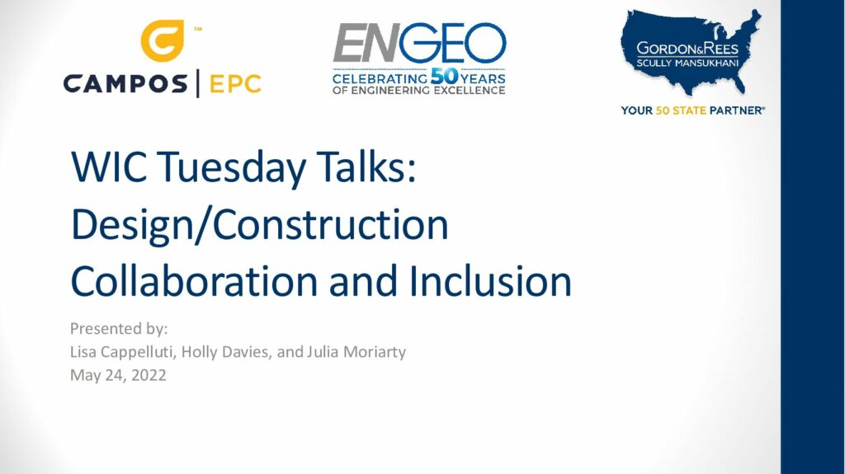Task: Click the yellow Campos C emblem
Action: coord(163,40)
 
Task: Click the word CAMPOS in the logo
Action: coord(125,84)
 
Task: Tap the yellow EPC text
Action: coord(235,84)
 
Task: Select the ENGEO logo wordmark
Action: coord(419,43)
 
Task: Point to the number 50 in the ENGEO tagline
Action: coord(444,77)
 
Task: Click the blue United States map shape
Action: coord(691,52)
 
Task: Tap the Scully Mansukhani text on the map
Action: coord(687,63)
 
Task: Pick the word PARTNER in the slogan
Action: coord(737,110)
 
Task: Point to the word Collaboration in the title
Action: coord(194,280)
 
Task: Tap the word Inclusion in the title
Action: coord(490,280)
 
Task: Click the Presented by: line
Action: coord(119,329)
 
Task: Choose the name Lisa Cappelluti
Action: coord(123,352)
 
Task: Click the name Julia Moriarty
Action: coord(356,352)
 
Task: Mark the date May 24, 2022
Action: coord(118,375)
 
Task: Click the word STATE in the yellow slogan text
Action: coord(689,110)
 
